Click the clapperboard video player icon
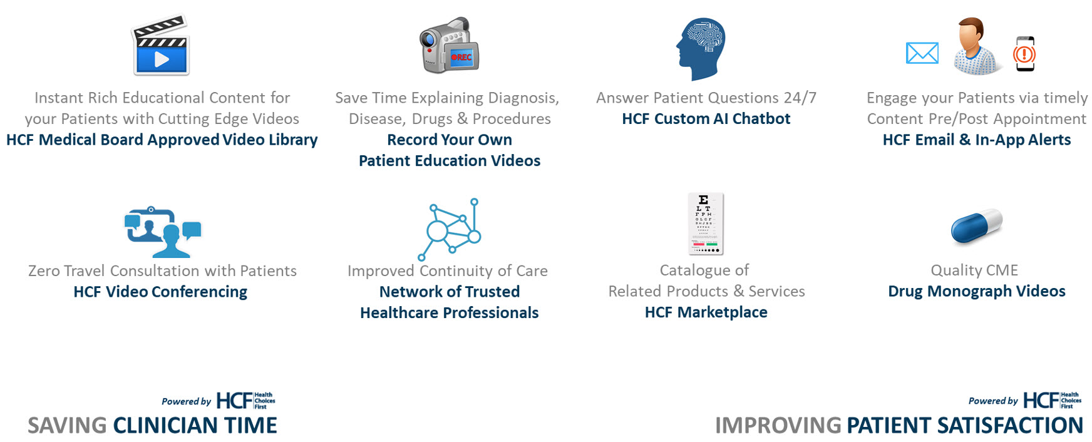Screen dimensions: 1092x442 tap(160, 45)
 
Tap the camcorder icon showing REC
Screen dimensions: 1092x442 tap(449, 45)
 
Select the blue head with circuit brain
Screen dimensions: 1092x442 tap(701, 49)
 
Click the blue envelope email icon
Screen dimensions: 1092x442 tap(922, 53)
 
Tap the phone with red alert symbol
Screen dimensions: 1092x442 tap(1025, 54)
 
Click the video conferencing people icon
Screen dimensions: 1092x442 tap(163, 232)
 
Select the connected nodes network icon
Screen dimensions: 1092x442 tap(450, 229)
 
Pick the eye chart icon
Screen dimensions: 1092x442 tap(706, 224)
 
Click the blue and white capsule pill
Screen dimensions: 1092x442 tap(976, 226)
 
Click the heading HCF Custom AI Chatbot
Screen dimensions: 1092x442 tap(706, 119)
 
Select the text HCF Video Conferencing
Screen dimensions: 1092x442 tap(160, 292)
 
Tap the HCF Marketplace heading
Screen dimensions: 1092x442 tap(706, 312)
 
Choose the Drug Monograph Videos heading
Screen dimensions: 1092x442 tap(977, 292)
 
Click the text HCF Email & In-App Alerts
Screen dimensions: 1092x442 tap(977, 140)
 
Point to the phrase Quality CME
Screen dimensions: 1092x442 tap(974, 270)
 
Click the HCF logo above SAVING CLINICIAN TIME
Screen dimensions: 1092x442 tap(245, 401)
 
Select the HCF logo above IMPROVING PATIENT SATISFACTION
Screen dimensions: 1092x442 tap(1053, 400)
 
